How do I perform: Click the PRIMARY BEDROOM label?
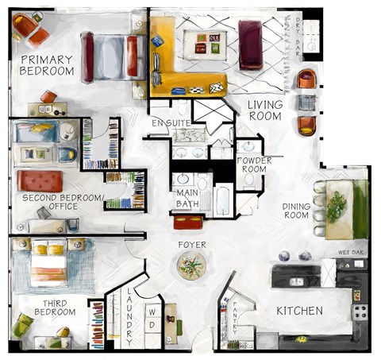(x=47, y=65)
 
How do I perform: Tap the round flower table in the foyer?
(x=191, y=265)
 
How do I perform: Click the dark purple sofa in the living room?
(x=250, y=45)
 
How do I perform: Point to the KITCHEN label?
(x=299, y=311)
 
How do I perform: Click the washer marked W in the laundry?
(x=152, y=312)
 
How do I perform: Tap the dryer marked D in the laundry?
(x=152, y=325)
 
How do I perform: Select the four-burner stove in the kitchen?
(x=360, y=312)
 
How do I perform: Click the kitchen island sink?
(x=297, y=281)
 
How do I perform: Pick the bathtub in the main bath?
(x=223, y=200)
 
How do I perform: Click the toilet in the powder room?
(x=249, y=180)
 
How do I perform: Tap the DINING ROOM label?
(x=296, y=211)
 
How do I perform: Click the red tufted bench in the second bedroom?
(x=40, y=181)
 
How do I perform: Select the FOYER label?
(x=192, y=245)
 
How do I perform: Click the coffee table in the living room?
(x=205, y=45)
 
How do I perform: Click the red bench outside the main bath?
(x=188, y=223)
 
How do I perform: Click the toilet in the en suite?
(x=183, y=108)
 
